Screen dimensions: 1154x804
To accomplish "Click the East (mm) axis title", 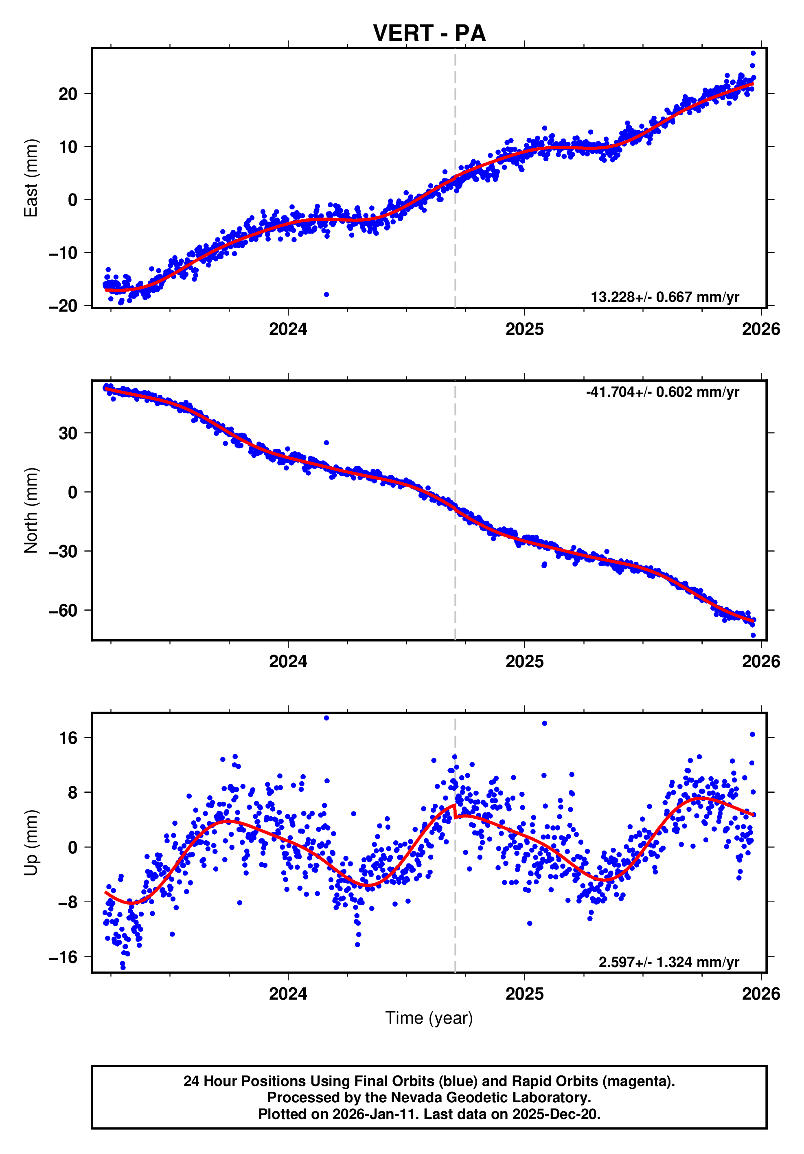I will point(31,178).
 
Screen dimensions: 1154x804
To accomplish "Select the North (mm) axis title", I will point(31,510).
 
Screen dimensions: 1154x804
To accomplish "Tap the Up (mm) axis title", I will point(31,843).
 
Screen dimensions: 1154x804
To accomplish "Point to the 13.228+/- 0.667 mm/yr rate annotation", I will point(664,297).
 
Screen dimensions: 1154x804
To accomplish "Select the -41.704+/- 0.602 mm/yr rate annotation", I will point(662,392).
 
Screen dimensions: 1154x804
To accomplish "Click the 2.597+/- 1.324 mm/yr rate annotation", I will point(668,962).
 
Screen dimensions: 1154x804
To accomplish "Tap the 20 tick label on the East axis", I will point(68,94).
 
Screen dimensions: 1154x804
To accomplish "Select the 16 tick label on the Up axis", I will point(68,738).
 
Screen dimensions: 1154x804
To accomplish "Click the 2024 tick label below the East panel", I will point(288,329).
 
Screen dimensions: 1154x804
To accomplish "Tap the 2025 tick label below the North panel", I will point(524,662).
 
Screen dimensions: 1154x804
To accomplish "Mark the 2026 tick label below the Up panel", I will point(761,994).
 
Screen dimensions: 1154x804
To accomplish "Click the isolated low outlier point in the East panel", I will point(326,295).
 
